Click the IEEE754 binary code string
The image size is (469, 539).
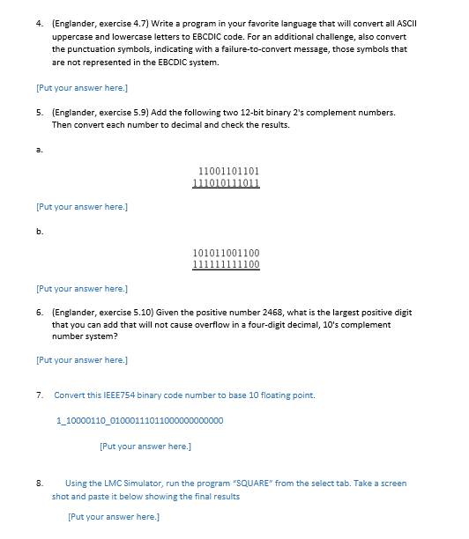[x=139, y=420]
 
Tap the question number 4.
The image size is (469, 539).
[x=39, y=26]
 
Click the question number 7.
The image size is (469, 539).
[x=39, y=395]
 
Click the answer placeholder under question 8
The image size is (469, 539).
[x=114, y=516]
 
